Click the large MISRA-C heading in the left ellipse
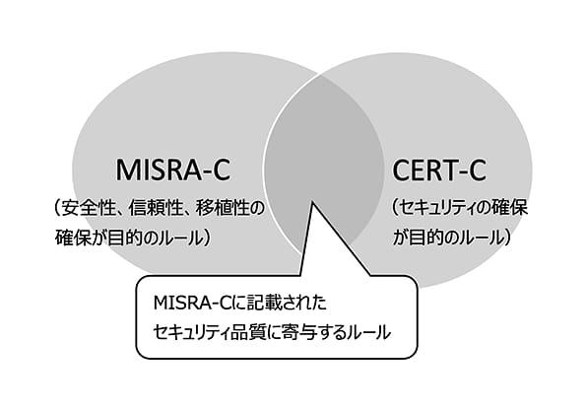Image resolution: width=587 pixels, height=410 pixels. coord(173,171)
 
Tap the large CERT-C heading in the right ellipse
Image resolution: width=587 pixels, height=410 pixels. coord(439,171)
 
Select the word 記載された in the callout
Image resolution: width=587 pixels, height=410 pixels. coord(282,303)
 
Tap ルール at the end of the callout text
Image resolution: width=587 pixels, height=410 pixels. coord(370,333)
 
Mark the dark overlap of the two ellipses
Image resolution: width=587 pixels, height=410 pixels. coord(324,150)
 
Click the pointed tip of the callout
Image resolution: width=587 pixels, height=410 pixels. coord(312,202)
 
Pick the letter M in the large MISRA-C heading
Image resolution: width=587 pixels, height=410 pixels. coord(127,171)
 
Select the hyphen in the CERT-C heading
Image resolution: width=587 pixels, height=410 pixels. coord(459,172)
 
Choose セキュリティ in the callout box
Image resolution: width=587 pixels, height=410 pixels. coord(192,333)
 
